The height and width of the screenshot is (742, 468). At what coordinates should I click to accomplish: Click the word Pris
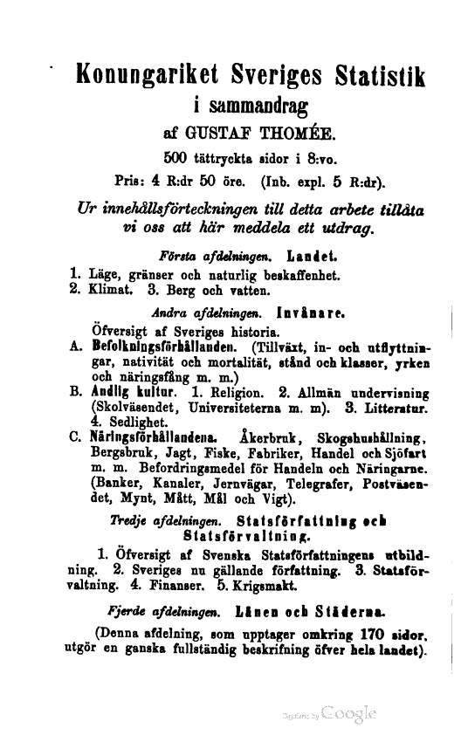(x=130, y=182)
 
